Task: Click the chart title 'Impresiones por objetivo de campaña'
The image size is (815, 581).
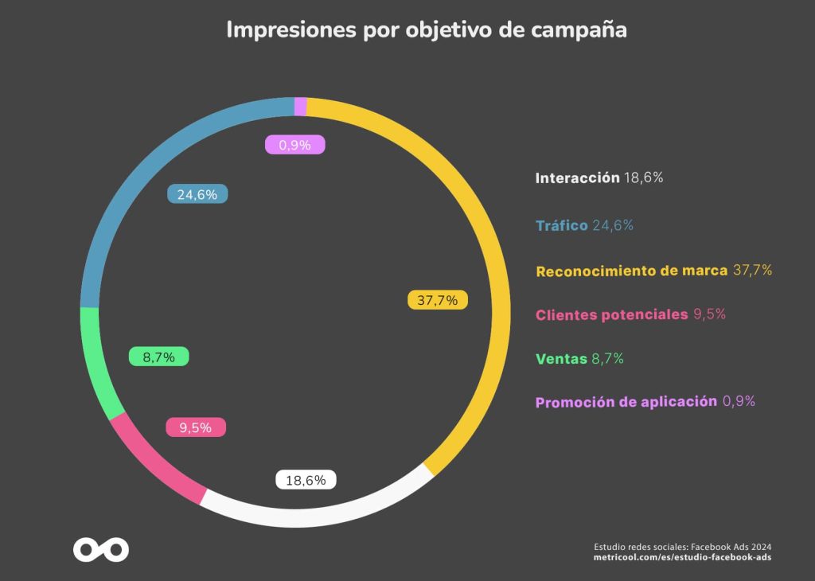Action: tap(427, 29)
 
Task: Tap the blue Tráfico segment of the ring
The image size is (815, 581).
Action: tap(135, 171)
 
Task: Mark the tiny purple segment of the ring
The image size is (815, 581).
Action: tap(300, 107)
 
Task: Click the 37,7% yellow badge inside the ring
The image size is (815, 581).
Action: tap(438, 300)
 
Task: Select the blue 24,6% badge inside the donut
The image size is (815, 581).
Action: tap(197, 194)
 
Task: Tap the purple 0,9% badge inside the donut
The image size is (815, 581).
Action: tap(294, 145)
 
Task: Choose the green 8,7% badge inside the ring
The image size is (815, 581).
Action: tap(158, 357)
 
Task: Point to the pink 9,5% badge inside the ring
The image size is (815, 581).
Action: tap(196, 427)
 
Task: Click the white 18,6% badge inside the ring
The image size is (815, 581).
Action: tap(306, 480)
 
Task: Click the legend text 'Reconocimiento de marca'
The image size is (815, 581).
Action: tap(631, 271)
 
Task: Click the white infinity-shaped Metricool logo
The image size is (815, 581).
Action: tap(101, 550)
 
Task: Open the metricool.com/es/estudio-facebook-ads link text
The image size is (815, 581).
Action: tap(682, 557)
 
